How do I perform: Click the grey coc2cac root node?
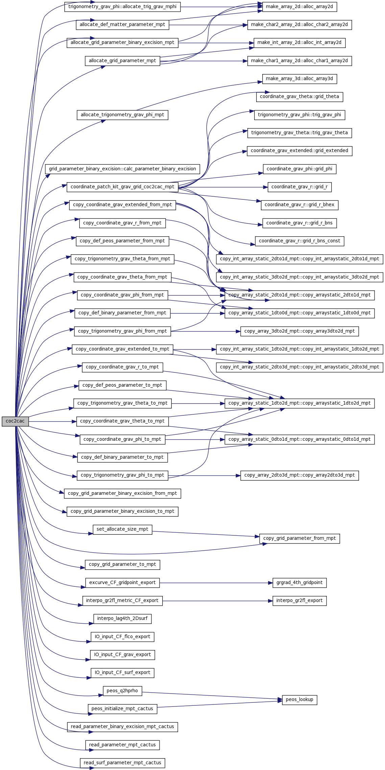click(15, 421)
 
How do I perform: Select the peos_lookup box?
click(299, 700)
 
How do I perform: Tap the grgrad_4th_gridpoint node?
click(299, 583)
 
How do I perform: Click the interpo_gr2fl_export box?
click(299, 601)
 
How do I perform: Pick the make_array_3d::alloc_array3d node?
click(299, 79)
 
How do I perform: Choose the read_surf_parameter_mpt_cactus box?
click(122, 763)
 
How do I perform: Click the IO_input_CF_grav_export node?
click(122, 655)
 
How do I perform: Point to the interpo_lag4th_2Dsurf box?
click(122, 619)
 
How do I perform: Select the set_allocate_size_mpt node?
click(122, 529)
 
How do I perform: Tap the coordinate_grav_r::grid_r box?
click(299, 187)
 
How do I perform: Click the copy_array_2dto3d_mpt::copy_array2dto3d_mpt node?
click(299, 475)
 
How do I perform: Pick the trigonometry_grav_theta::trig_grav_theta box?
click(299, 133)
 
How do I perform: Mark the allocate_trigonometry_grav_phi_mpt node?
click(122, 115)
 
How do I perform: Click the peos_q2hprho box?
click(122, 691)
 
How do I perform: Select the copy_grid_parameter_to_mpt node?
click(122, 564)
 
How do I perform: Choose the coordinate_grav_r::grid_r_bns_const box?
click(299, 241)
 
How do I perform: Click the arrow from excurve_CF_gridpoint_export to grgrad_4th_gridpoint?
click(216, 583)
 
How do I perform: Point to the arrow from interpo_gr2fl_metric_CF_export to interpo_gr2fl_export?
click(218, 601)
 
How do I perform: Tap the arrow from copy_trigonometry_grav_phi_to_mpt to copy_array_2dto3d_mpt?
click(204, 476)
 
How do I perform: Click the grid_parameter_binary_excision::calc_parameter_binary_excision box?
click(122, 169)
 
